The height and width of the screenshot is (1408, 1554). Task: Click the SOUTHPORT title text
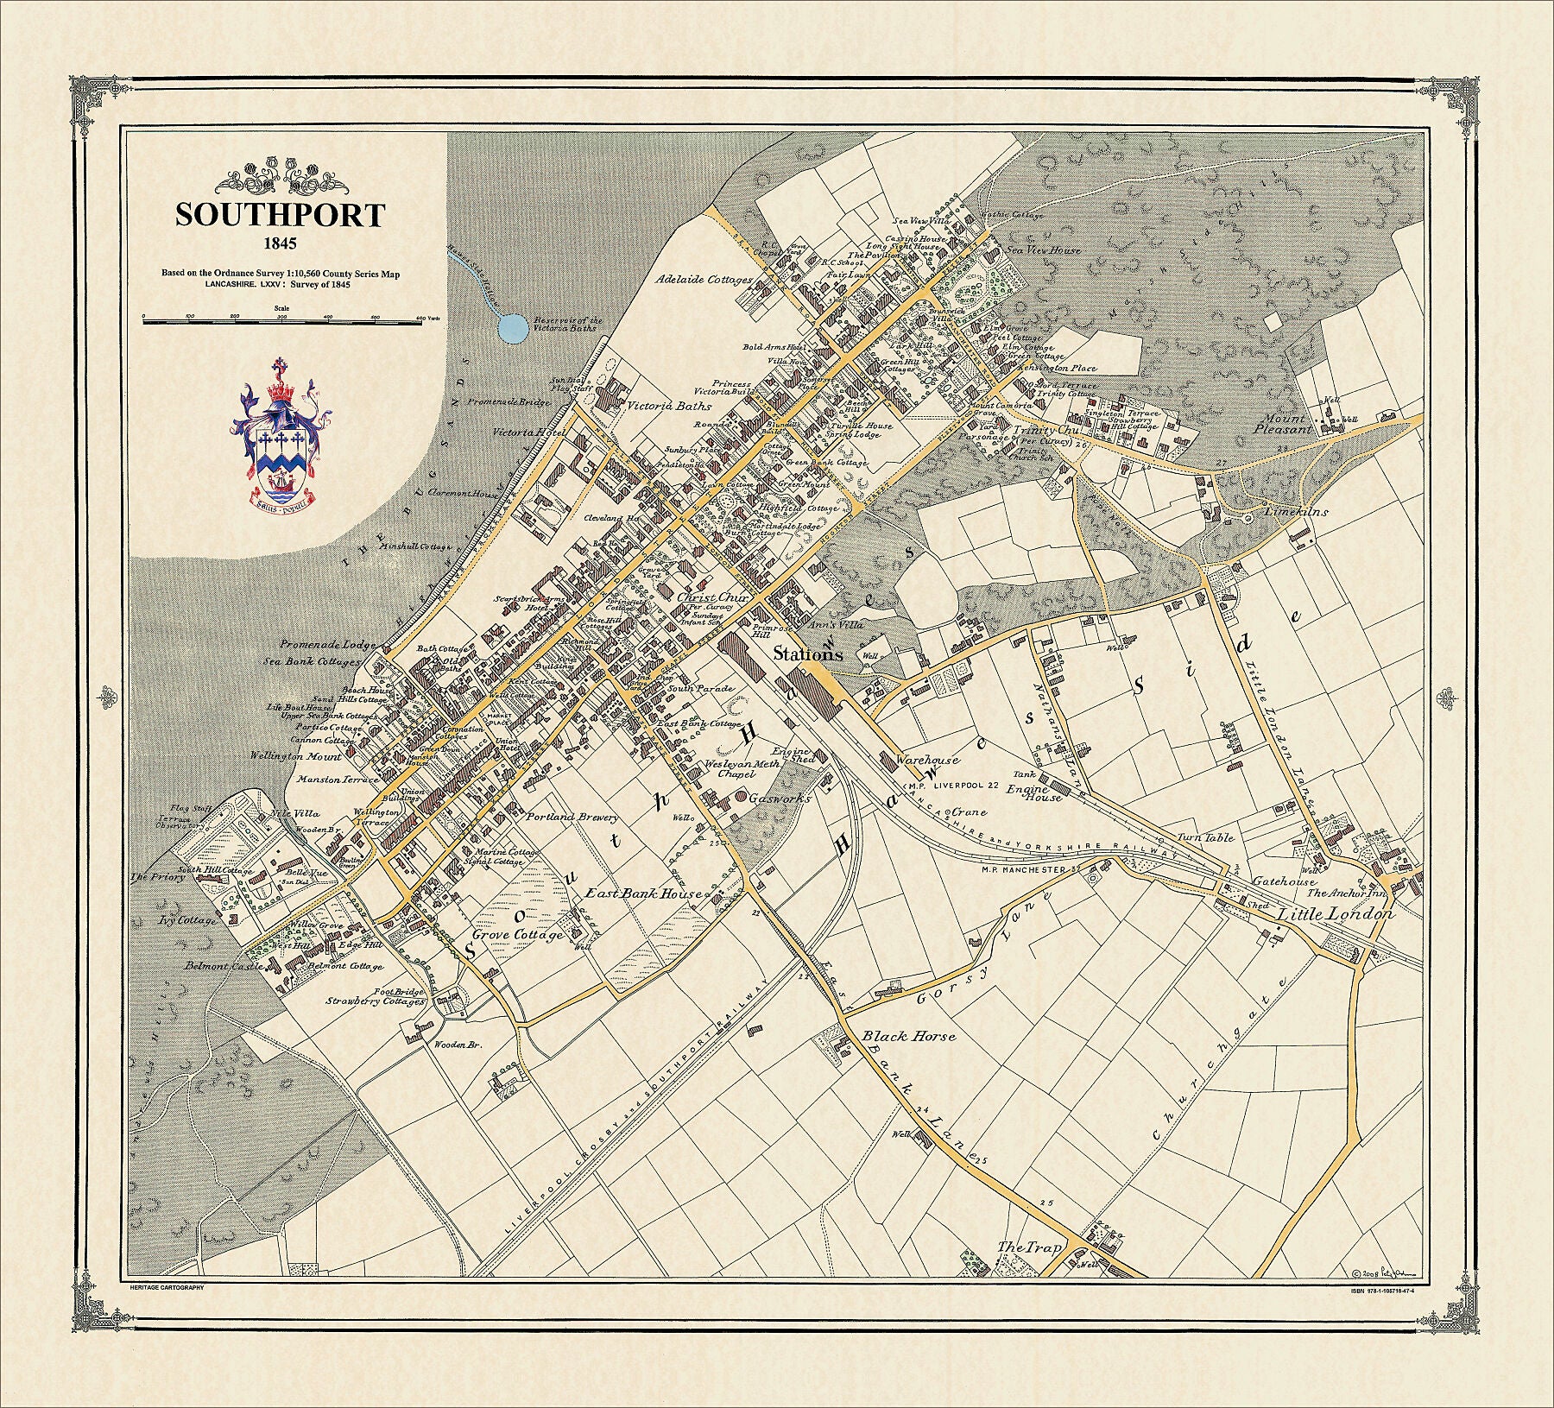point(280,214)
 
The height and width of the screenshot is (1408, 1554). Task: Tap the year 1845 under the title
point(280,244)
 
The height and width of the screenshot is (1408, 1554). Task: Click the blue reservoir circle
point(513,327)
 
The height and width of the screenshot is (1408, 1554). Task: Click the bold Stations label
point(807,654)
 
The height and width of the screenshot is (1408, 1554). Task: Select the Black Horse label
point(909,1035)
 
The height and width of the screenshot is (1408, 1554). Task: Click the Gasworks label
point(779,799)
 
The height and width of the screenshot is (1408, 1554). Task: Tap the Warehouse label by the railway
point(927,761)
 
